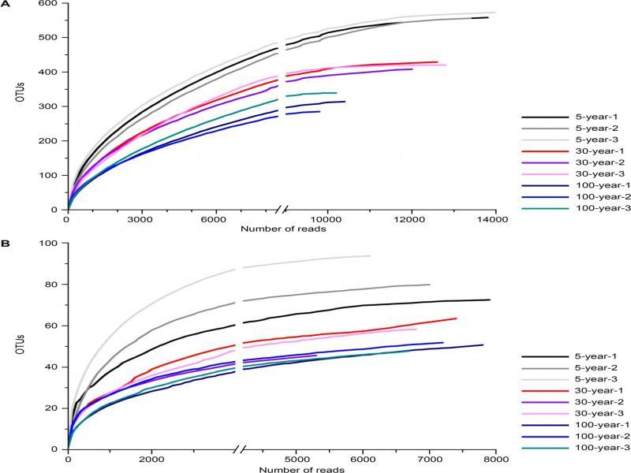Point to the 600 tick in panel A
pyautogui.click(x=53, y=5)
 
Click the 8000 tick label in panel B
pyautogui.click(x=495, y=460)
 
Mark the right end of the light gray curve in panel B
pyautogui.click(x=370, y=255)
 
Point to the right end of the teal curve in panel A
pyautogui.click(x=337, y=93)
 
